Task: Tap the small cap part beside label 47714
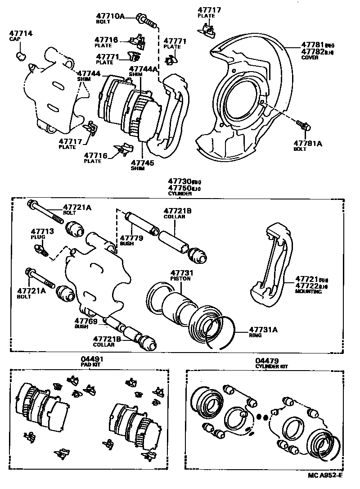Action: [21, 56]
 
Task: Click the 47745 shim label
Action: [142, 163]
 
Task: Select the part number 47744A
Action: [143, 69]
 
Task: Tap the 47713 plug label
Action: [42, 231]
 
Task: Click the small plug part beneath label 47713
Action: [43, 249]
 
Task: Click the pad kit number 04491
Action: [89, 359]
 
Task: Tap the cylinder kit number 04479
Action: [267, 361]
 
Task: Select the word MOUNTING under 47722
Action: [308, 292]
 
